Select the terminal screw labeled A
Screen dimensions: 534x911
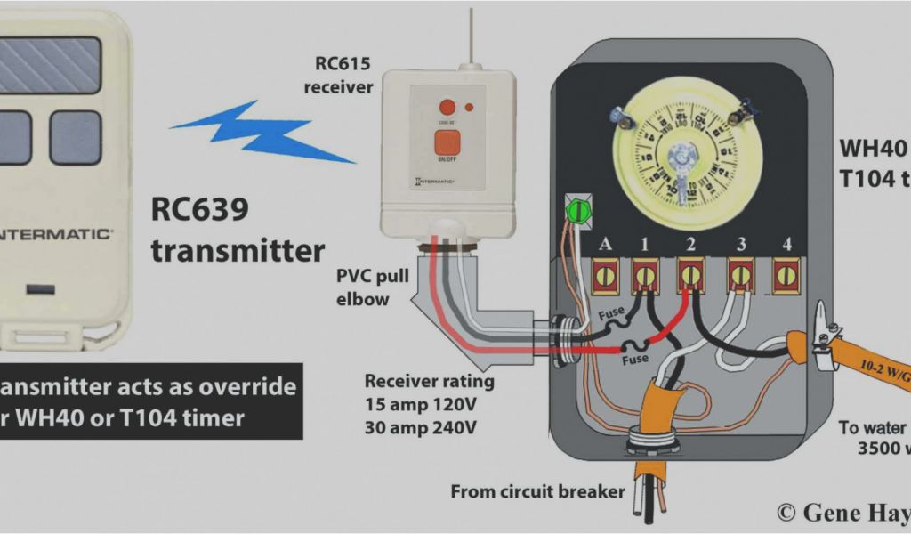[605, 276]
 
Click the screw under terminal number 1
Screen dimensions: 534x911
[647, 276]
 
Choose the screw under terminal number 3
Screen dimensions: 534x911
[739, 276]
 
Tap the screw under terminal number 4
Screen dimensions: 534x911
[785, 276]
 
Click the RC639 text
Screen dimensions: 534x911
[199, 211]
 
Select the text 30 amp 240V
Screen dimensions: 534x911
[421, 427]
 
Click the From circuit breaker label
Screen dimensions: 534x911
[538, 491]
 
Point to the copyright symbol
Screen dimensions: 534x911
[786, 512]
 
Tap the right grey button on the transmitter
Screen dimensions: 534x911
[76, 137]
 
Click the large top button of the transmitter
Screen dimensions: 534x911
[49, 63]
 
